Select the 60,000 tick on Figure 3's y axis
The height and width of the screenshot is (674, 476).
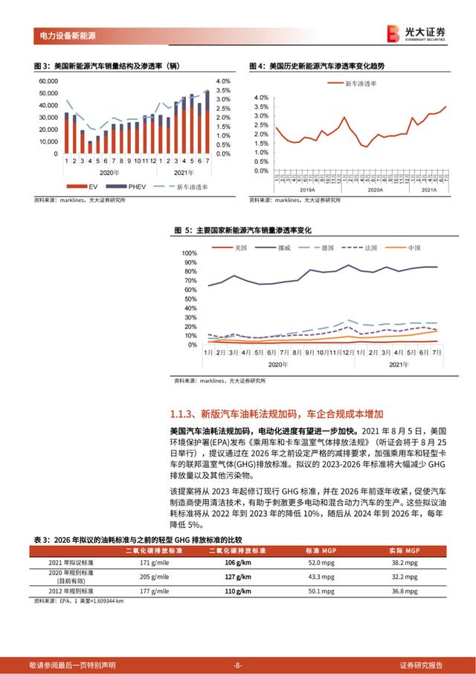coord(48,80)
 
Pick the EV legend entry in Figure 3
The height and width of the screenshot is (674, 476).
coord(91,185)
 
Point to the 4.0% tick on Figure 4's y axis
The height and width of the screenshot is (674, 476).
coord(260,98)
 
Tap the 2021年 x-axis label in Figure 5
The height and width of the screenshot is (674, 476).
coord(399,365)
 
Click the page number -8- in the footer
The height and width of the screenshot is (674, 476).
coord(237,664)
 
